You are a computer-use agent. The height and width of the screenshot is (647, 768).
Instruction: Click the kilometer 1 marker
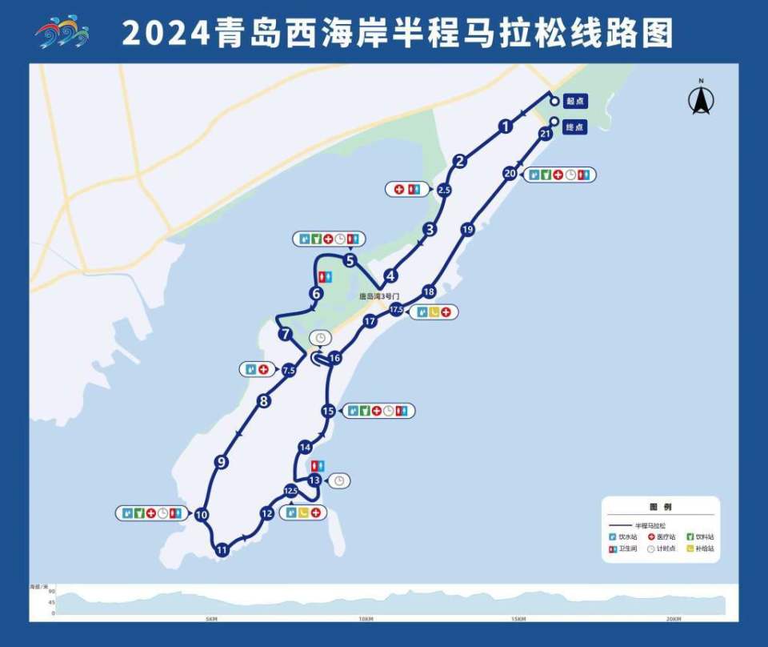pyautogui.click(x=505, y=126)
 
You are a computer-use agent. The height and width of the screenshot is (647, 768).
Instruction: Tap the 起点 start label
pyautogui.click(x=575, y=101)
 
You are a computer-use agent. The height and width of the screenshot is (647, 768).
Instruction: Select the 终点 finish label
pyautogui.click(x=575, y=127)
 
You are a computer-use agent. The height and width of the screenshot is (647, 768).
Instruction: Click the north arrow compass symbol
pyautogui.click(x=701, y=100)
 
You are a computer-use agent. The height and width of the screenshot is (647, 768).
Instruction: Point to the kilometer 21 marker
pyautogui.click(x=546, y=135)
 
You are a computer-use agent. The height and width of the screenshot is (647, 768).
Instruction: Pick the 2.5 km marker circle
pyautogui.click(x=445, y=190)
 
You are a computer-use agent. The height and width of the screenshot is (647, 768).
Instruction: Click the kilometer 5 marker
pyautogui.click(x=350, y=260)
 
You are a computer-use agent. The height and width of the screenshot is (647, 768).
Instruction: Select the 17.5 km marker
pyautogui.click(x=396, y=310)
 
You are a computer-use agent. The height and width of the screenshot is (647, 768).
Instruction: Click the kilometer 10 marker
pyautogui.click(x=202, y=515)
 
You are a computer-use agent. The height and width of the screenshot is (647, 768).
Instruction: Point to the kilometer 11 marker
pyautogui.click(x=222, y=549)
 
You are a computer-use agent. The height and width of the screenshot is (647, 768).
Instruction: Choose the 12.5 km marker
pyautogui.click(x=290, y=491)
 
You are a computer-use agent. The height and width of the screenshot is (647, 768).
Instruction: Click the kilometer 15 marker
pyautogui.click(x=328, y=411)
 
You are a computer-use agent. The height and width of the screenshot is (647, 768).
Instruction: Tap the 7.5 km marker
pyautogui.click(x=289, y=370)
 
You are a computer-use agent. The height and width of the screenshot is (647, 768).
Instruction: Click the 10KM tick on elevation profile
pyautogui.click(x=366, y=618)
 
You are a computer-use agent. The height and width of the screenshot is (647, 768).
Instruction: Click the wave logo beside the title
pyautogui.click(x=62, y=32)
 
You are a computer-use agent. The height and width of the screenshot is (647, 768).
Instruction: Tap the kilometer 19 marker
pyautogui.click(x=468, y=230)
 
